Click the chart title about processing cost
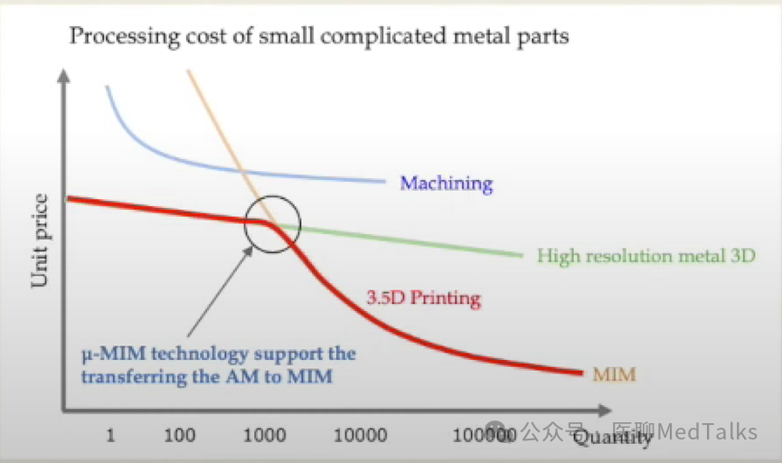click(x=319, y=37)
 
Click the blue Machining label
click(x=447, y=184)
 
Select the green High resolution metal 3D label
click(x=645, y=256)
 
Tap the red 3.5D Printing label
click(x=423, y=298)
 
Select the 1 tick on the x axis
click(x=110, y=436)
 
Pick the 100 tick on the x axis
click(x=181, y=436)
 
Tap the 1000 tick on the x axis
click(x=266, y=436)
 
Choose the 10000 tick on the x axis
click(x=361, y=436)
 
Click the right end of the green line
click(x=522, y=255)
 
